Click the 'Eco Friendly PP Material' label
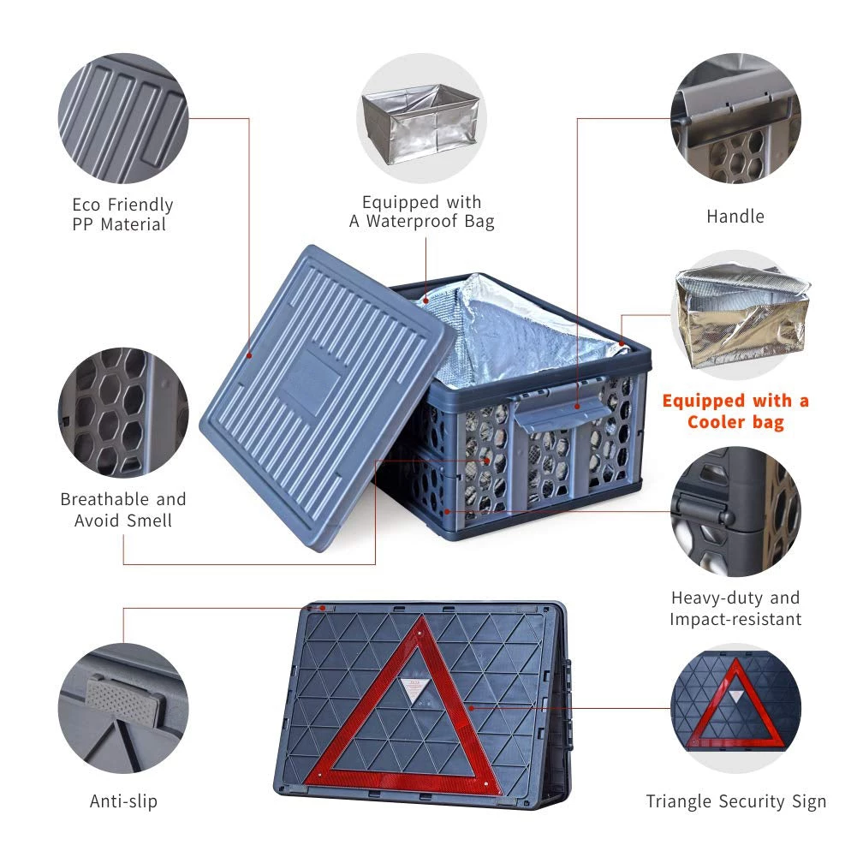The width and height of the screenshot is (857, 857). point(122,214)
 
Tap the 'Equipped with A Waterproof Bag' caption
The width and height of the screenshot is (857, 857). point(422,211)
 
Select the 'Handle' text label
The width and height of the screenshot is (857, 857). point(735,217)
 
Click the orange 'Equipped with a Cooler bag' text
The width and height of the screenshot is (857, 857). point(735,411)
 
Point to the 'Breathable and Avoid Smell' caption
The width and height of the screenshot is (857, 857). point(123,509)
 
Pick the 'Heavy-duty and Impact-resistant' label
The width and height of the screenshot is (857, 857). point(735,609)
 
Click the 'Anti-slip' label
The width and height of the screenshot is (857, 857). point(123,801)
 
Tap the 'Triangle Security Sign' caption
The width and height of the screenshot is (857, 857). point(735,801)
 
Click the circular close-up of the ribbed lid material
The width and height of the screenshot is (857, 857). point(123,118)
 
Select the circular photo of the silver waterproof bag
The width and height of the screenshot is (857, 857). point(421,118)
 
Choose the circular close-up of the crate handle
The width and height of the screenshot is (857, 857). point(735,118)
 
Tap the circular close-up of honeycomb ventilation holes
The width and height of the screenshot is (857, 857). point(123,413)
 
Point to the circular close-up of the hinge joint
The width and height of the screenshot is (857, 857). point(735,512)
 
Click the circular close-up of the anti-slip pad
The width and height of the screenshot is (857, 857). point(123,708)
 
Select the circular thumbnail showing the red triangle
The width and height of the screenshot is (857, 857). point(735,708)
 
